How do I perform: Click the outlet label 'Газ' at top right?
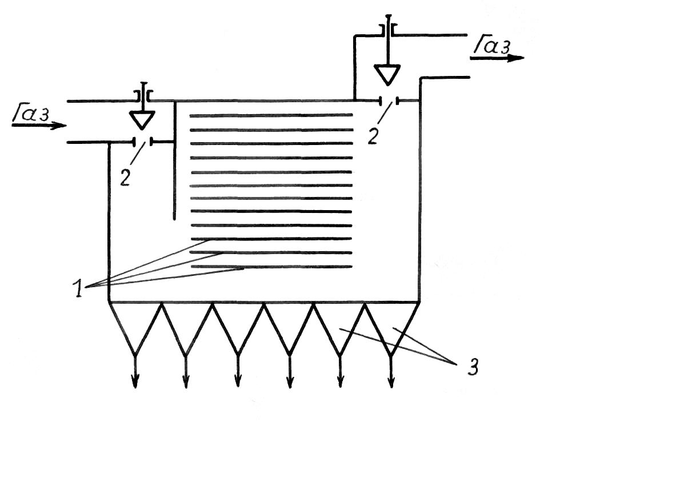[492, 45]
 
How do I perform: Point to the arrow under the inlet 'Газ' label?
[39, 126]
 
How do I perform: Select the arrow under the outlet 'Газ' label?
[497, 58]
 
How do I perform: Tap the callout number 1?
[78, 288]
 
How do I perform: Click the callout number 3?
[473, 367]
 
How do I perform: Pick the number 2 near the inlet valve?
[125, 178]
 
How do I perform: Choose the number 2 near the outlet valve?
[373, 135]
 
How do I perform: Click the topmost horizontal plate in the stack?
[271, 115]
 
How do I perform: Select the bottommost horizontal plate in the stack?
[272, 267]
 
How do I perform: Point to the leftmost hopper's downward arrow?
[135, 371]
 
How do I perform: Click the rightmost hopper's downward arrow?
[391, 371]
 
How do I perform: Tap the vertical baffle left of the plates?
[174, 160]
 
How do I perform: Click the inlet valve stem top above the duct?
[143, 83]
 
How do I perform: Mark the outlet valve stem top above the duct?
[388, 16]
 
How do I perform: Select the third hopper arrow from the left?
[238, 371]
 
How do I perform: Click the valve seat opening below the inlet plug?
[143, 142]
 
